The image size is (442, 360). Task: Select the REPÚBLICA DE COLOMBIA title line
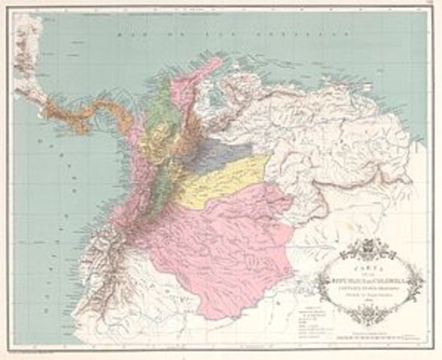pos(363,274)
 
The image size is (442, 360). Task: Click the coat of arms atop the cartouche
pos(364,247)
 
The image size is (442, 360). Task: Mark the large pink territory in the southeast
pos(225,240)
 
